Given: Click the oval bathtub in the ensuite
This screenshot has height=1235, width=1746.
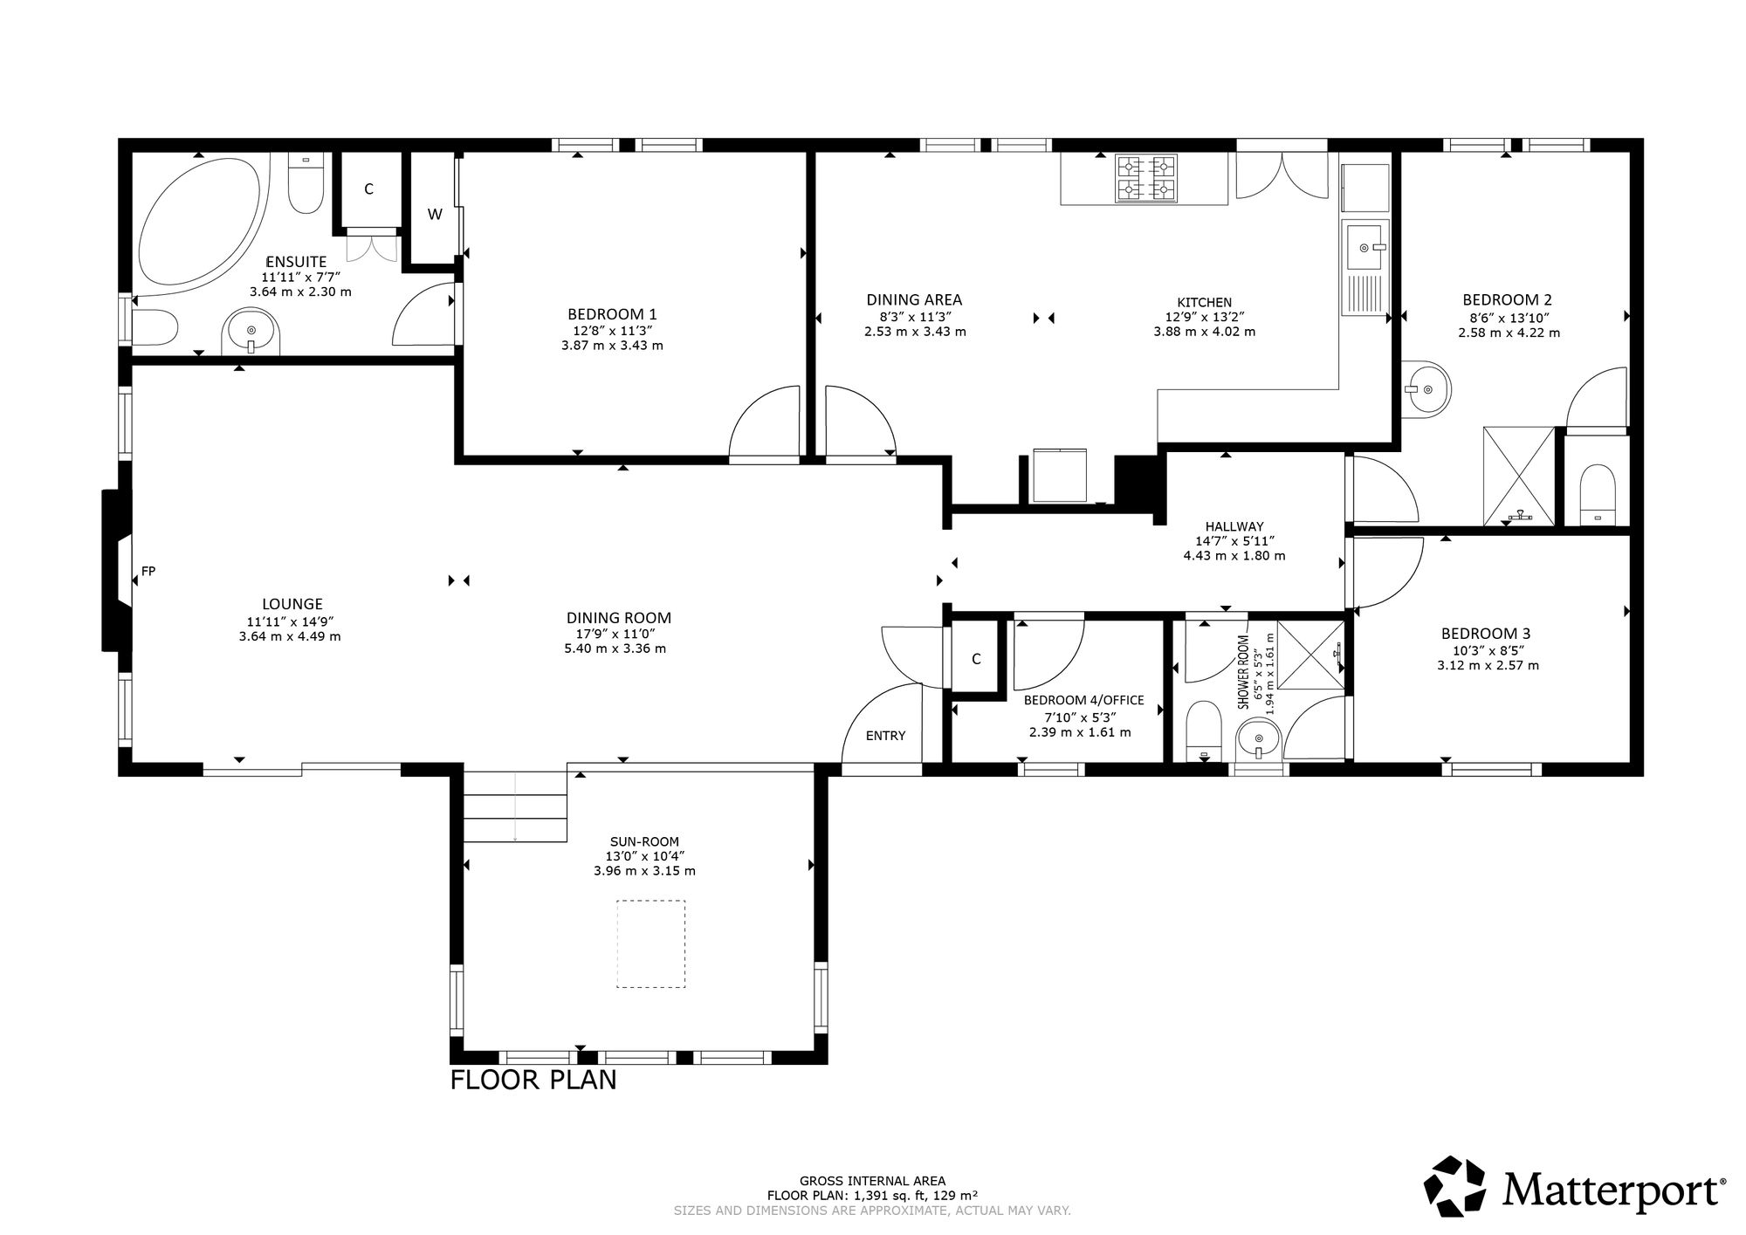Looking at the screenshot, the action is (200, 221).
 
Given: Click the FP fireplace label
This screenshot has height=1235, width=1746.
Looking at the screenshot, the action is (148, 571).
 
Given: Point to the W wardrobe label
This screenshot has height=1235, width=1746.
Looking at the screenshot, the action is (435, 214).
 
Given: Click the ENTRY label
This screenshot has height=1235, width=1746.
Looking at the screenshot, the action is (885, 735).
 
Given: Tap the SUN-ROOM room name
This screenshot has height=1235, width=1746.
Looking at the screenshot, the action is (644, 841).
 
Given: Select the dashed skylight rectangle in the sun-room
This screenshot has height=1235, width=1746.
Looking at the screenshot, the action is (651, 943).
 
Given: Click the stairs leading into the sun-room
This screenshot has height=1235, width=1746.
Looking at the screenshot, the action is (515, 806).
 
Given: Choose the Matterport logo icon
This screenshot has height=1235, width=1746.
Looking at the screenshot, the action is (1455, 1185).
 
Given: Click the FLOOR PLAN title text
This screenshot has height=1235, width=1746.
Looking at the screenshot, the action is (533, 1080).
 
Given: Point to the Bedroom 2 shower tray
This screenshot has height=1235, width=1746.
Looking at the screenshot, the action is (1520, 477).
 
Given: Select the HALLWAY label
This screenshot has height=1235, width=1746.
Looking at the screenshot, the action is (1234, 526).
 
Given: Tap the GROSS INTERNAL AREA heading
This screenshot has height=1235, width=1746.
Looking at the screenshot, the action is (872, 1181).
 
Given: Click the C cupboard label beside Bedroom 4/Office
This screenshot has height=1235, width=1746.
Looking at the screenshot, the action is (976, 659).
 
